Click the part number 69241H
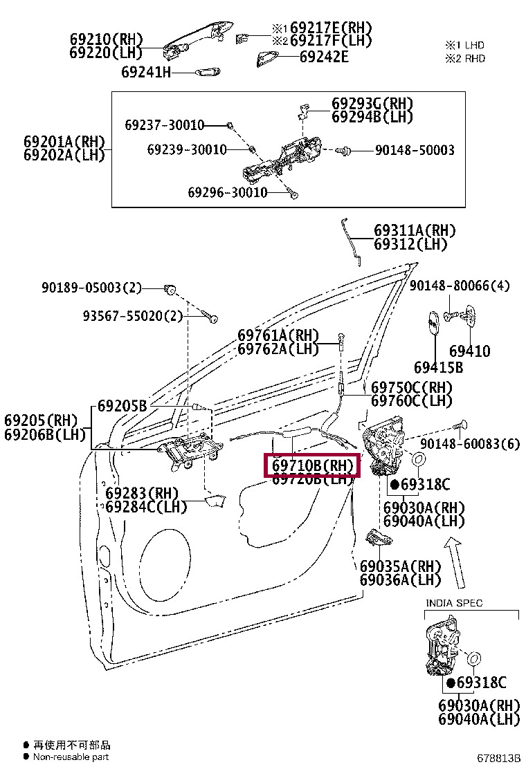click(x=145, y=71)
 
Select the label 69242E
click(x=324, y=57)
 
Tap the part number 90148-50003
click(x=415, y=150)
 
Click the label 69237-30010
click(x=165, y=125)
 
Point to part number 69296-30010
click(x=227, y=192)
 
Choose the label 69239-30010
click(x=186, y=149)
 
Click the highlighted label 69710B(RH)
click(x=313, y=465)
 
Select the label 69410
click(x=469, y=351)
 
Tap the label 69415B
click(x=438, y=367)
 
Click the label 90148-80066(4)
click(x=460, y=285)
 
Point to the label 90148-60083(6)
click(x=469, y=444)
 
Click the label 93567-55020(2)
click(x=133, y=316)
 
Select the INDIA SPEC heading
click(x=454, y=603)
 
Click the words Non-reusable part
click(x=71, y=757)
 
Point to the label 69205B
click(x=122, y=406)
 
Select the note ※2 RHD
click(x=464, y=58)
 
